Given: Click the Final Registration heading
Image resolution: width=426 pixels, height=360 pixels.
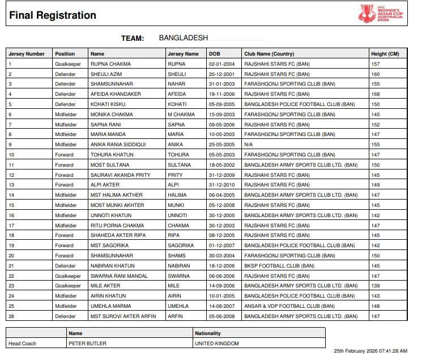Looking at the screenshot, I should (x=53, y=15).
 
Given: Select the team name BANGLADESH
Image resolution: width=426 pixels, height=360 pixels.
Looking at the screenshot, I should (x=183, y=38).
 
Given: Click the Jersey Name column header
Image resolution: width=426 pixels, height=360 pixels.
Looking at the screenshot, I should (x=184, y=54).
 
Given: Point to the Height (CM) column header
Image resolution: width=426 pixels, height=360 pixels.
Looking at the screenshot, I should (x=385, y=54).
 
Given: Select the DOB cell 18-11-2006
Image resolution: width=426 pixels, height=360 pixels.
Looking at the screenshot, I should (x=223, y=94).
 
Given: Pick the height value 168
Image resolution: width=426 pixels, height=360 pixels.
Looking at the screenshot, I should (x=376, y=94).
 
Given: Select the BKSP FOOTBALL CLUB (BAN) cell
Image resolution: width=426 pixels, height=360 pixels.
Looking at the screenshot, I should (x=279, y=266).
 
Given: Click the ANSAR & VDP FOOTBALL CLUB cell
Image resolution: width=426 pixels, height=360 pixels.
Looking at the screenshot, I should (x=289, y=306).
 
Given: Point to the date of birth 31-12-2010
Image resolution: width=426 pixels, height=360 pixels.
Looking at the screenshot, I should (x=223, y=185).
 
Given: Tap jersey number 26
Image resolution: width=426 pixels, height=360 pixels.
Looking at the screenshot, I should (x=11, y=316).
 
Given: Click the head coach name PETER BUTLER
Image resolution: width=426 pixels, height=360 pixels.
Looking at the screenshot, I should (x=87, y=344).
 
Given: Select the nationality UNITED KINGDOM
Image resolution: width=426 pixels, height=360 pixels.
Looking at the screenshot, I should (x=217, y=344).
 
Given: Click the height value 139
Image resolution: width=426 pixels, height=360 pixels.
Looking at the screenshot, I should (x=376, y=286).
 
